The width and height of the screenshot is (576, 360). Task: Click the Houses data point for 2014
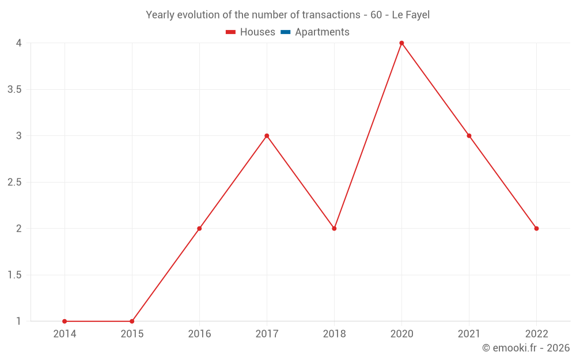65,321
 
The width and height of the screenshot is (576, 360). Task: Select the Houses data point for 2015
132,321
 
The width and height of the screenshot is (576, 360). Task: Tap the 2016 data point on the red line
199,229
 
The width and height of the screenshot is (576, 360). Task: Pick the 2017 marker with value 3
267,136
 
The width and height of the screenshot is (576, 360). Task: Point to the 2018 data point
334,229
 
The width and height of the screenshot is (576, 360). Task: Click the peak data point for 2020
401,43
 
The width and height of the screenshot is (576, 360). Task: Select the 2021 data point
469,136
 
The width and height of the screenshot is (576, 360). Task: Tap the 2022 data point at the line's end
536,229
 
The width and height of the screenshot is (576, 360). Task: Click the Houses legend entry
251,32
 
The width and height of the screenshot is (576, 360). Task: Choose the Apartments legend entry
315,32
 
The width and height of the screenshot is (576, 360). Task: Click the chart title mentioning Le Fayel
288,15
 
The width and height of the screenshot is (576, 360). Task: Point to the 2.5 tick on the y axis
14,183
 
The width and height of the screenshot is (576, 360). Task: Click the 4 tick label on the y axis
18,43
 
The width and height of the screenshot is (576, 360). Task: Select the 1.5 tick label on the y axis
14,275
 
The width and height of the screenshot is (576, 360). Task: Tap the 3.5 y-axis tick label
14,90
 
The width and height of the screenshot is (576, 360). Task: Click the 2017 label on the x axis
267,334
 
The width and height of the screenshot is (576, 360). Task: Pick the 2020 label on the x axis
401,334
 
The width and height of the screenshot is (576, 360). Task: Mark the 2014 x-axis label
65,334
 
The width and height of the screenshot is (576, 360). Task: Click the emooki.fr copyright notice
526,348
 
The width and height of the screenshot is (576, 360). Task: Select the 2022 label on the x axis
536,334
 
